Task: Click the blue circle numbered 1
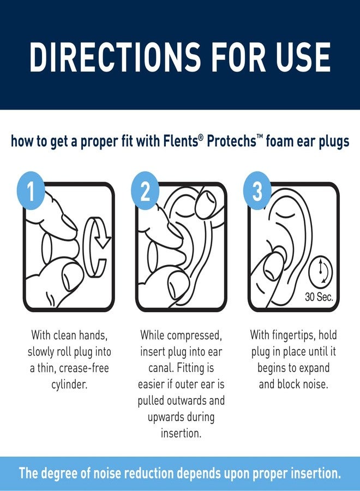[31, 193]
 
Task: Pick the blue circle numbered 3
[257, 193]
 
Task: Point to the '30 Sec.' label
[319, 298]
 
